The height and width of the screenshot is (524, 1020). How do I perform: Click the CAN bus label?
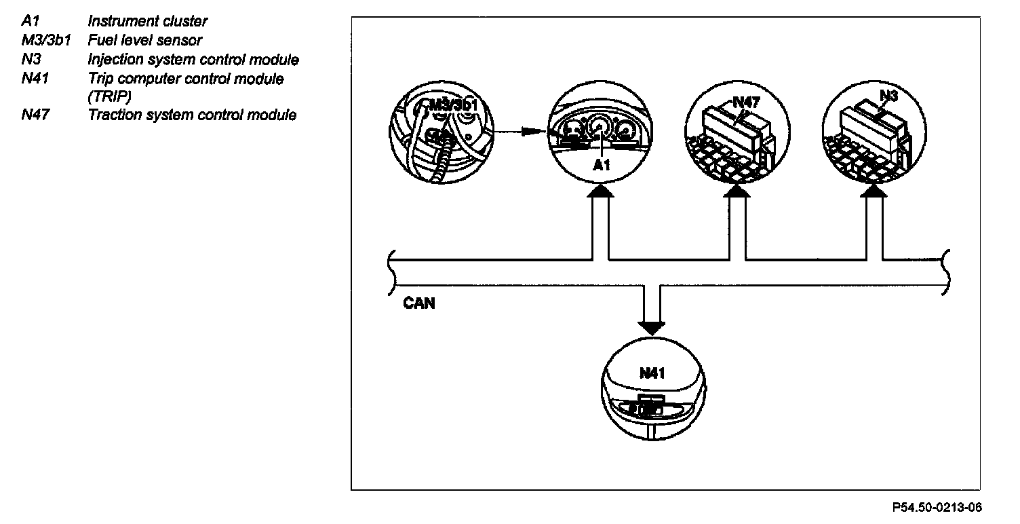pyautogui.click(x=418, y=303)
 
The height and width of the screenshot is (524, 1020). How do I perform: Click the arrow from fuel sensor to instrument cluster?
pyautogui.click(x=522, y=132)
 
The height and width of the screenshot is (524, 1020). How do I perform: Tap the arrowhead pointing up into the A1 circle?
pyautogui.click(x=601, y=192)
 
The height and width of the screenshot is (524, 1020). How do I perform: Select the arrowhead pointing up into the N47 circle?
pyautogui.click(x=737, y=192)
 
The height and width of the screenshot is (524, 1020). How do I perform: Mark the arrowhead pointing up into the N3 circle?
pyautogui.click(x=874, y=192)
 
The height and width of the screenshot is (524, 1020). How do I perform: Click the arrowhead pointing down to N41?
pyautogui.click(x=652, y=328)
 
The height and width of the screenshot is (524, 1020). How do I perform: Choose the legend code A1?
pyautogui.click(x=31, y=22)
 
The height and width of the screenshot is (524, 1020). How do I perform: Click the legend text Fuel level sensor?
pyautogui.click(x=144, y=40)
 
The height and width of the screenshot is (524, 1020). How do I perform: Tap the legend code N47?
pyautogui.click(x=33, y=115)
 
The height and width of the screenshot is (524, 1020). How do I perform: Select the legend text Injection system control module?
pyautogui.click(x=193, y=60)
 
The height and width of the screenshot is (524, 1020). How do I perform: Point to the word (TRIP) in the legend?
pyautogui.click(x=109, y=96)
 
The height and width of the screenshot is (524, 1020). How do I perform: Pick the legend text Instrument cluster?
pyautogui.click(x=147, y=22)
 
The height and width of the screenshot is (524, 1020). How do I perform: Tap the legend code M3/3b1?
pyautogui.click(x=45, y=40)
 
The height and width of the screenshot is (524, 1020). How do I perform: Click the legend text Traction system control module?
pyautogui.click(x=192, y=115)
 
